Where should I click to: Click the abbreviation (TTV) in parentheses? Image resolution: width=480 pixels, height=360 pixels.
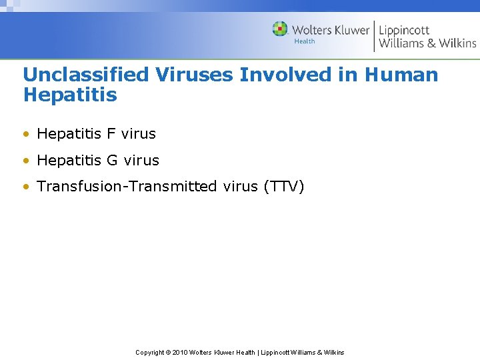click(x=284, y=187)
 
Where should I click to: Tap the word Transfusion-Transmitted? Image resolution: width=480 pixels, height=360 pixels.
click(x=127, y=187)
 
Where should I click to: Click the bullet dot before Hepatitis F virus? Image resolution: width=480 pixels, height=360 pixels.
click(x=26, y=134)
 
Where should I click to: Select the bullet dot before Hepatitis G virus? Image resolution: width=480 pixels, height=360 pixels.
click(x=26, y=161)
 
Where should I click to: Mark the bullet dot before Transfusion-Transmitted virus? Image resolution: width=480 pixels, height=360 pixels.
click(x=26, y=187)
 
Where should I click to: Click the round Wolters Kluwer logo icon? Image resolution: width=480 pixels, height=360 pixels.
click(x=280, y=29)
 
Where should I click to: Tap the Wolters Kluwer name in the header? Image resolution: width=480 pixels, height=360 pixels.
click(x=331, y=30)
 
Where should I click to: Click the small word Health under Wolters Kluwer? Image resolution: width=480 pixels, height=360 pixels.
click(x=305, y=41)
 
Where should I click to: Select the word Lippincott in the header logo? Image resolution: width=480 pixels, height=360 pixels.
click(x=404, y=30)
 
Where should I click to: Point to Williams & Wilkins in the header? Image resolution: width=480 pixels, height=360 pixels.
click(x=427, y=43)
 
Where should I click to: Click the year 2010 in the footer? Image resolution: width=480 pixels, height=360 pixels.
click(x=180, y=352)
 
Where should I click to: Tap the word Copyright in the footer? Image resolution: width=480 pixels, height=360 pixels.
click(x=151, y=352)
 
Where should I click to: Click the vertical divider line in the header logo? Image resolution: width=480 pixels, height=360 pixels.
click(x=374, y=36)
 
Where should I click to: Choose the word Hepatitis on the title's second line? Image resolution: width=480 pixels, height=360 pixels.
click(x=70, y=95)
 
